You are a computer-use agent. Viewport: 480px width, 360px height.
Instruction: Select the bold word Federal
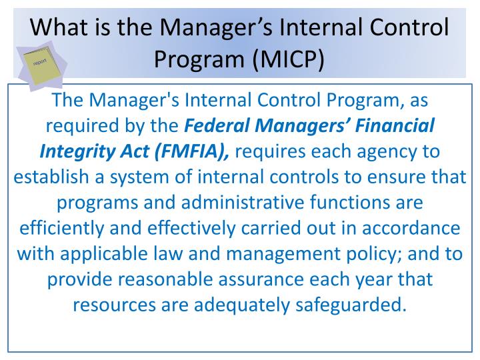coord(217,125)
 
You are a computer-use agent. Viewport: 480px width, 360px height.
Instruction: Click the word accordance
coord(407,227)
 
